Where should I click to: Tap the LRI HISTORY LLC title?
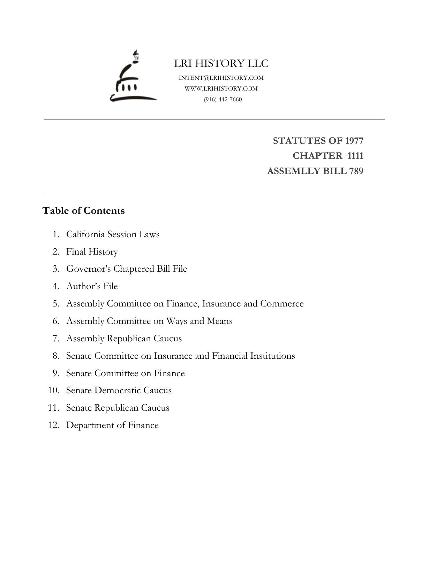(221, 63)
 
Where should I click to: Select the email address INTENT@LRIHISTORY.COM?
(221, 78)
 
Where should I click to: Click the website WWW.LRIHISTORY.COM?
(221, 88)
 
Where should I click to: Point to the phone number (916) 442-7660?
(223, 99)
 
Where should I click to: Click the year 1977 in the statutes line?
(354, 141)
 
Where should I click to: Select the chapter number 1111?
(355, 156)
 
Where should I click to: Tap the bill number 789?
(356, 171)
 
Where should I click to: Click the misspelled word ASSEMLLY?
(291, 171)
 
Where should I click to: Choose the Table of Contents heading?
(83, 211)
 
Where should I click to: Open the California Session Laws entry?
(113, 234)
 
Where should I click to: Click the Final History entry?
(92, 251)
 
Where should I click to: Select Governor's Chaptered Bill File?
(127, 269)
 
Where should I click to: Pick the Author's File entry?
(92, 286)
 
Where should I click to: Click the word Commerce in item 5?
(282, 303)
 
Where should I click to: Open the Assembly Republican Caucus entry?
(124, 338)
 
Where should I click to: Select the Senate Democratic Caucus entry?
(119, 390)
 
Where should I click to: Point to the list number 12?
(53, 425)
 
